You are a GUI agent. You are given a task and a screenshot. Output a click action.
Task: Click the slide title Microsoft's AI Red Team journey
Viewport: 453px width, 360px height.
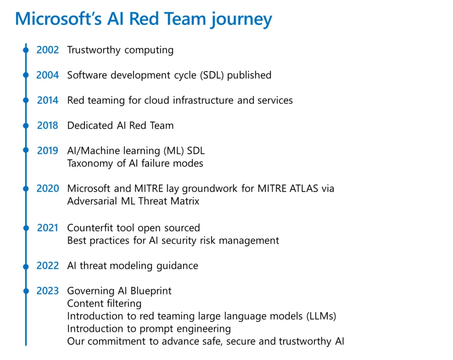coord(143,19)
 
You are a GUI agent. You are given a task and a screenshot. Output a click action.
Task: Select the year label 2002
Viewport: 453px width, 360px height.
coord(47,50)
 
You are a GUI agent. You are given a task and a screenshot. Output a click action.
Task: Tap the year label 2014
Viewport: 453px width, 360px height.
coord(47,101)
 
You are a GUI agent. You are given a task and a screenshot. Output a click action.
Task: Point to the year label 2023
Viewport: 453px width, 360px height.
coord(47,291)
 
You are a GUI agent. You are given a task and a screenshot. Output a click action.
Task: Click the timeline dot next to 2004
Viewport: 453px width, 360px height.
coord(26,75)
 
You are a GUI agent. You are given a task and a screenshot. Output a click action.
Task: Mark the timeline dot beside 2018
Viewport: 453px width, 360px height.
coord(26,126)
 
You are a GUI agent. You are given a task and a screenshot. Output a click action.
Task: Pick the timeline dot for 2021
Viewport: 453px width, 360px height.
coord(26,228)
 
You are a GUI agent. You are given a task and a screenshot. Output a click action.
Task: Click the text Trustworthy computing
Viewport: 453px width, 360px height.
coord(120,50)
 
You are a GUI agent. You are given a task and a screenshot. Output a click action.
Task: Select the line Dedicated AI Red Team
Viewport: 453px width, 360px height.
coord(120,126)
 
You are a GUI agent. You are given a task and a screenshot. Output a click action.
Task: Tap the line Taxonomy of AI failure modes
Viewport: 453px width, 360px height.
coord(135,163)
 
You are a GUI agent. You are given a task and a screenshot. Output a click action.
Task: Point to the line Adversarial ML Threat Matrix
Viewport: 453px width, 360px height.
coord(133,201)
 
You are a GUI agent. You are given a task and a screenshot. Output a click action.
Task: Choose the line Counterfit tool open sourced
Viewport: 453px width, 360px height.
coord(133,228)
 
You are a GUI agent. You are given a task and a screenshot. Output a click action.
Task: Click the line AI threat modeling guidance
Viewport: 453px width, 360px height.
coord(132,266)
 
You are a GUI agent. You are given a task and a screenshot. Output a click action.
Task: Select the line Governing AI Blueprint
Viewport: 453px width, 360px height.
coord(119,291)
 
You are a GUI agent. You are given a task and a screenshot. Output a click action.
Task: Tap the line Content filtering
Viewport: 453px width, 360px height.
coord(104,304)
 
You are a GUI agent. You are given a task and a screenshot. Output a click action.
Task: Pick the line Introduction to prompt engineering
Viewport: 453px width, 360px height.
coord(149,329)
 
